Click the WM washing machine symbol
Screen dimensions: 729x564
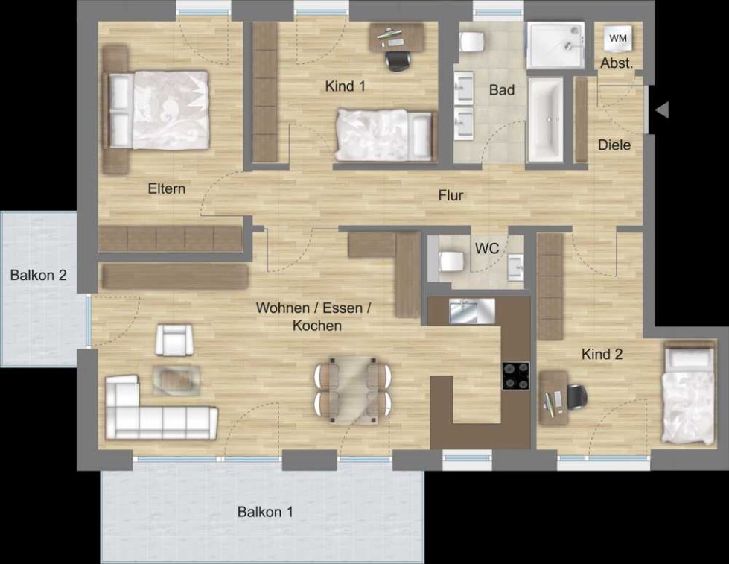click(618, 38)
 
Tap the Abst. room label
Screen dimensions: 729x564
click(617, 63)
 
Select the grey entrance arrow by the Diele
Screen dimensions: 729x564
click(662, 110)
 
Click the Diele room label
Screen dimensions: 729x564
click(614, 145)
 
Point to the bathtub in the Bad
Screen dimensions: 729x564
click(545, 120)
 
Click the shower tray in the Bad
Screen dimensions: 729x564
click(555, 45)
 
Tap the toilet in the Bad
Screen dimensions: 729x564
click(472, 42)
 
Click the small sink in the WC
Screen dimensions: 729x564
click(515, 267)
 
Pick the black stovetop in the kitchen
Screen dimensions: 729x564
click(516, 376)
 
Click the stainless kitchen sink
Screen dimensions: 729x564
click(472, 311)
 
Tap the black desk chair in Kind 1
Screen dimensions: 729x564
click(398, 60)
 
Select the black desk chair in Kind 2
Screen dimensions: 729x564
click(576, 397)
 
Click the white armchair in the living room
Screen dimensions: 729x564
click(174, 340)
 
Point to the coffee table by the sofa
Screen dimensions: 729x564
click(176, 380)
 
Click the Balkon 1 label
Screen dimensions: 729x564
click(265, 512)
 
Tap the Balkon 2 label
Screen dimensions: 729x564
click(38, 275)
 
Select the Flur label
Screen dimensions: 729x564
click(451, 195)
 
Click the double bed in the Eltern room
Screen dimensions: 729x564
click(158, 110)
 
